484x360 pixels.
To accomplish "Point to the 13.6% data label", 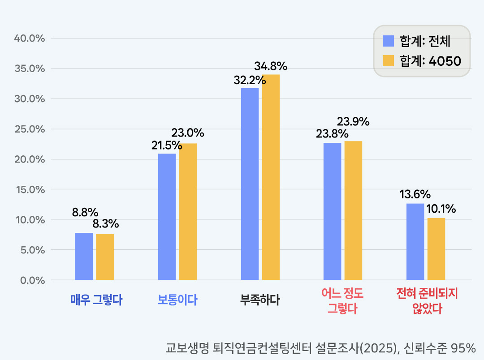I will tap(415, 195).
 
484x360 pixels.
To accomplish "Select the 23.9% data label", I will tap(353, 121).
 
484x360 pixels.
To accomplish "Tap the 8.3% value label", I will tap(106, 223).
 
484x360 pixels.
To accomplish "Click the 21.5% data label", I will tap(167, 146).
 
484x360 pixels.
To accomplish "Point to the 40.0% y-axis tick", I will tap(30, 39).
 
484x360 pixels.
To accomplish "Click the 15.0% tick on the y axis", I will tap(30, 189).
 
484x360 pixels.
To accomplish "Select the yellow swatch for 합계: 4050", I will tap(388, 61).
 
